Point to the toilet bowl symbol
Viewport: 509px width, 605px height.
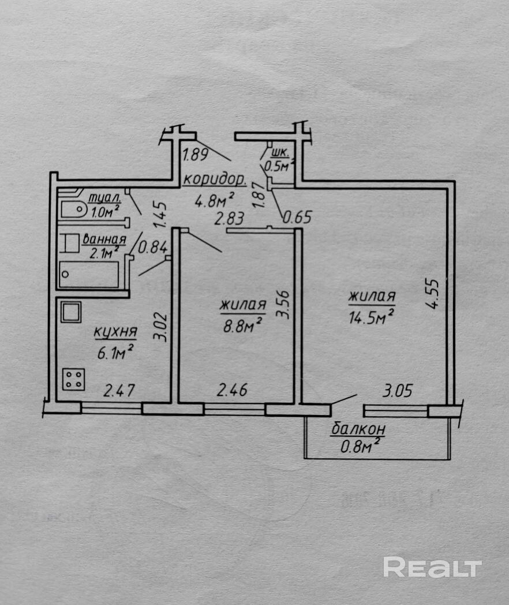pyautogui.click(x=72, y=209)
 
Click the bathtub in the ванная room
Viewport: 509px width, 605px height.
pyautogui.click(x=89, y=274)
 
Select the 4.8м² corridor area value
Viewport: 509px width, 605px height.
pyautogui.click(x=214, y=200)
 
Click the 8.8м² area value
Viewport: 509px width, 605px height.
pyautogui.click(x=242, y=325)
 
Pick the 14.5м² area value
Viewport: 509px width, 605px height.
pyautogui.click(x=371, y=318)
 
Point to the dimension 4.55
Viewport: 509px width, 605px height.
pyautogui.click(x=434, y=294)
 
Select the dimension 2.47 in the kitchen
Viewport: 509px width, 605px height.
pyautogui.click(x=119, y=390)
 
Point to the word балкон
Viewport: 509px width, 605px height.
pyautogui.click(x=358, y=430)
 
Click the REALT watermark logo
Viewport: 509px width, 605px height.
pyautogui.click(x=432, y=567)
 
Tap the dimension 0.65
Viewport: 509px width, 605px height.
pyautogui.click(x=297, y=218)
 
